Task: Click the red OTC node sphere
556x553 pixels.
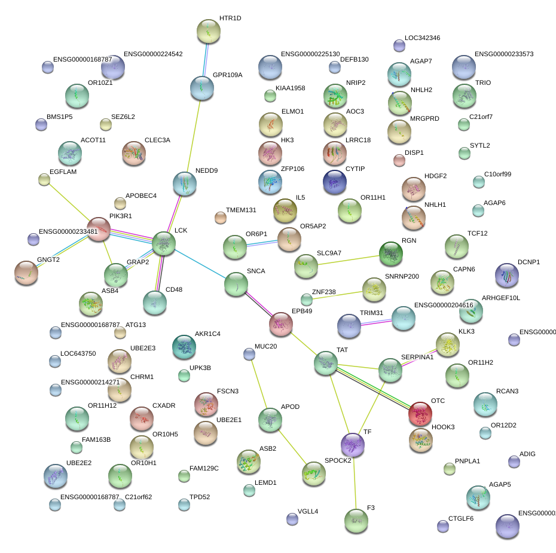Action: pos(420,412)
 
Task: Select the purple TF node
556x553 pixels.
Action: pos(352,444)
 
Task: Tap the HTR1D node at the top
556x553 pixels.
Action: pos(208,31)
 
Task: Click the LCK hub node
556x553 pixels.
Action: pos(163,243)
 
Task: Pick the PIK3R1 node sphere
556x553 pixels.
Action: pos(99,229)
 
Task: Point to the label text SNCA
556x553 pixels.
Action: pos(256,271)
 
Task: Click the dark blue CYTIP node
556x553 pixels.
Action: pos(334,182)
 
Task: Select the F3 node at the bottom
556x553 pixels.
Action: pos(356,520)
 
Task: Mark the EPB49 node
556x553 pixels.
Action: pos(280,323)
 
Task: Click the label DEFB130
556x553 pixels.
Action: pos(354,60)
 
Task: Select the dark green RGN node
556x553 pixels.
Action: pos(391,253)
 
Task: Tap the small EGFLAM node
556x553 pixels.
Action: pos(44,179)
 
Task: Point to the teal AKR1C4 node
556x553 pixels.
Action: pos(184,346)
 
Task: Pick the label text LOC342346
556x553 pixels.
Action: pos(422,38)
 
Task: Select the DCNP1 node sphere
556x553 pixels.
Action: pos(506,274)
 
